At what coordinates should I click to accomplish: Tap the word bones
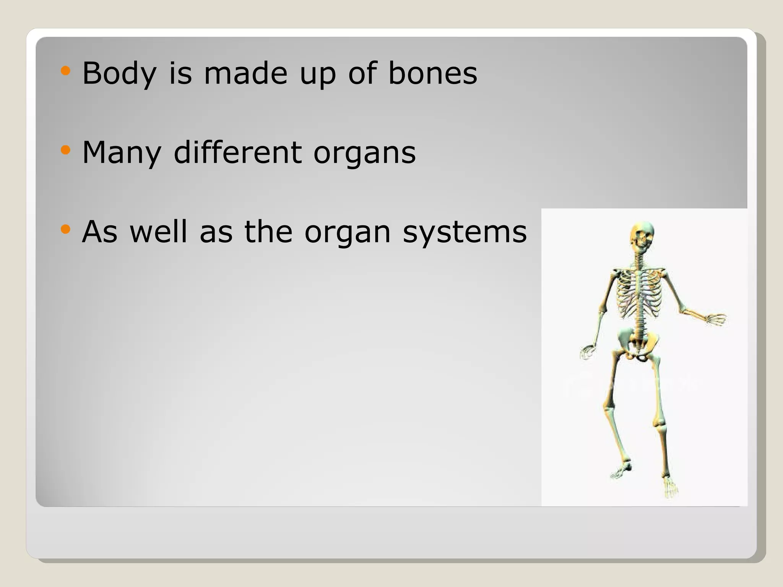[x=432, y=73]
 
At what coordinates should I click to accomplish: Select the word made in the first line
[x=245, y=73]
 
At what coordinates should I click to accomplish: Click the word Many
[x=122, y=152]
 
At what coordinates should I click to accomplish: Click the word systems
[x=465, y=232]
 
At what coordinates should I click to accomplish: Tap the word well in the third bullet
[x=158, y=232]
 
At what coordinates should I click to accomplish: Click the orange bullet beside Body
[x=66, y=71]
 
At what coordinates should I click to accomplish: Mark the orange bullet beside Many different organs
[x=66, y=150]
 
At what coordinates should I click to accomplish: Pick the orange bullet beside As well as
[x=66, y=230]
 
